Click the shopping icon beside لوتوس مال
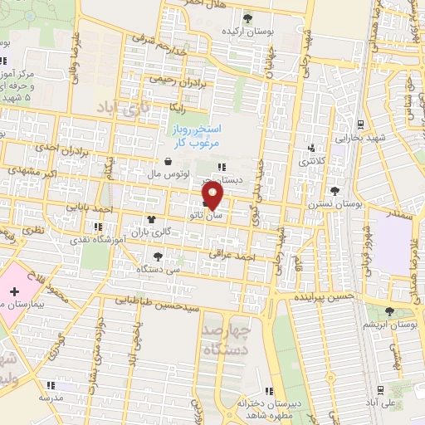point(169,162)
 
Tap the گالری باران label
point(173,232)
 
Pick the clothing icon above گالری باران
point(151,219)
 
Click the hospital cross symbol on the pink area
point(16,291)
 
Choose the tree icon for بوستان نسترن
point(334,190)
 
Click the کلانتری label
point(312,159)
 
